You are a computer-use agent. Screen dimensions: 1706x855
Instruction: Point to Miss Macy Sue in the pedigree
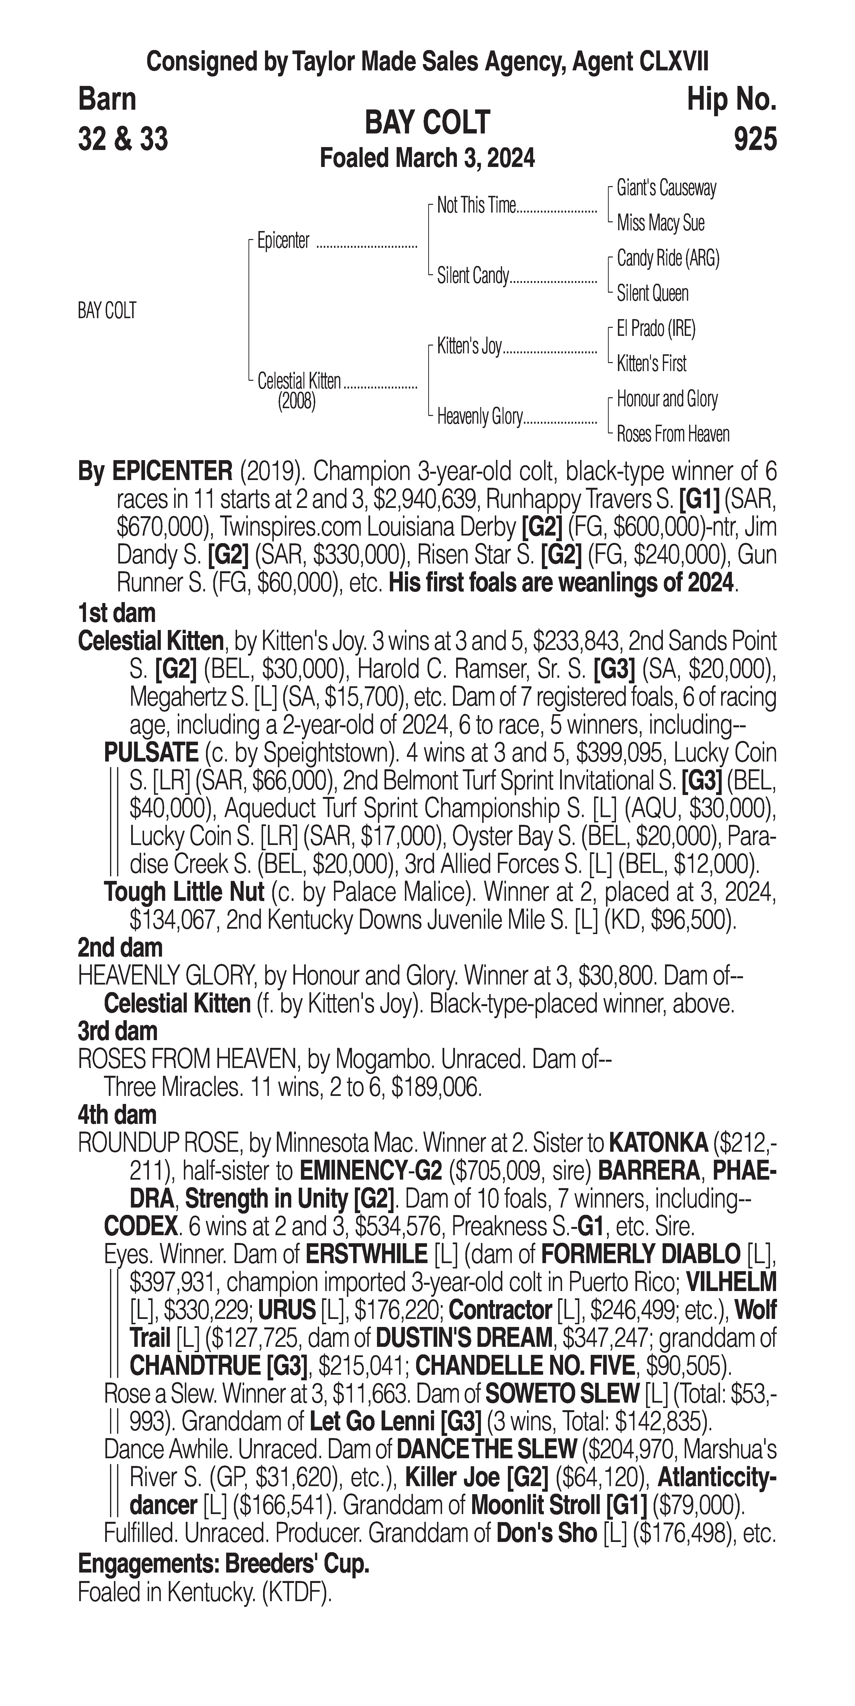coord(660,223)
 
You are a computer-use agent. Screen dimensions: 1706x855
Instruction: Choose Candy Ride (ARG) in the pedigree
coord(667,258)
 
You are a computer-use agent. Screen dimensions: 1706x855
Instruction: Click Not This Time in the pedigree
coord(476,206)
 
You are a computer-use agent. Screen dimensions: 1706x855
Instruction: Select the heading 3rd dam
coord(117,1031)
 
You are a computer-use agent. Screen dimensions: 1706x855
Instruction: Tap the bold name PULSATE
coord(151,752)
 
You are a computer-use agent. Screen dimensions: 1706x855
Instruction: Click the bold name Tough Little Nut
coord(184,892)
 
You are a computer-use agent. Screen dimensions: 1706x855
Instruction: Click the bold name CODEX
coord(140,1226)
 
